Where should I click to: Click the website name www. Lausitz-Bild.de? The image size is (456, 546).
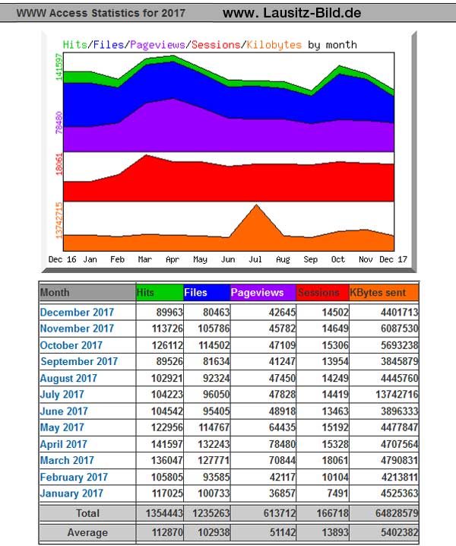click(292, 13)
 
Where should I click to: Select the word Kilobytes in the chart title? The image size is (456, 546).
click(274, 45)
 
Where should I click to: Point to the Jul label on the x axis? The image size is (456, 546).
click(255, 259)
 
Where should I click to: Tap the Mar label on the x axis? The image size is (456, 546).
click(145, 259)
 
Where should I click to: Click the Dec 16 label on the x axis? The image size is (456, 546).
click(63, 259)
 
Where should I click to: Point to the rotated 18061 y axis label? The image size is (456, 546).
click(59, 166)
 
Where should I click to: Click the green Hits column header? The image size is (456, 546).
click(159, 293)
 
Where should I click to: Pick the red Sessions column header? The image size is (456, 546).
click(321, 293)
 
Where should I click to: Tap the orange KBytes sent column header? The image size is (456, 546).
click(382, 293)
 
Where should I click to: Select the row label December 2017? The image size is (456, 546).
click(77, 313)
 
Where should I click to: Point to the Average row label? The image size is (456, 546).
click(87, 532)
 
